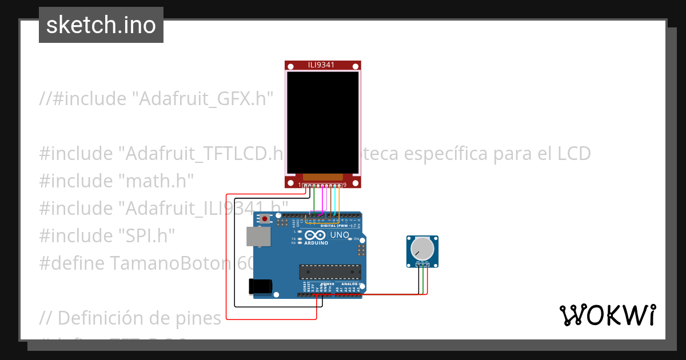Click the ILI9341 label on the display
[x=323, y=65]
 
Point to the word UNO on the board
[x=340, y=235]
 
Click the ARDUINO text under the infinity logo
[x=316, y=243]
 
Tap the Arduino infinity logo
[x=316, y=235]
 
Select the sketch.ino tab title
[x=101, y=25]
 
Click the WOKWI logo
[x=607, y=315]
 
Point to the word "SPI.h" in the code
[x=146, y=235]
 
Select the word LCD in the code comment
[x=574, y=154]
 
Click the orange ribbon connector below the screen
[x=323, y=178]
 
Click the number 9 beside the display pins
[x=345, y=185]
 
